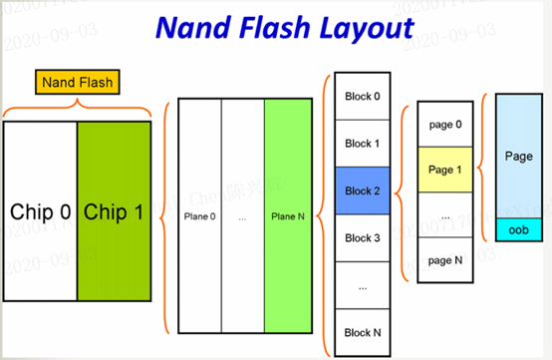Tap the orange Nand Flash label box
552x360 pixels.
click(76, 81)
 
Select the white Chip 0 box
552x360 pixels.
click(40, 212)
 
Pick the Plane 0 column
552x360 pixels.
click(199, 214)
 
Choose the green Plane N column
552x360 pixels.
click(287, 214)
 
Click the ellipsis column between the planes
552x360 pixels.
click(243, 214)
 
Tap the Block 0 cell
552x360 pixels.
click(362, 97)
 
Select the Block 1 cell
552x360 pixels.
click(362, 144)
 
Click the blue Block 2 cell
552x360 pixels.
click(362, 190)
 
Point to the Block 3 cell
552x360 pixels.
click(362, 237)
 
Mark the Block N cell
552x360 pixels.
click(362, 331)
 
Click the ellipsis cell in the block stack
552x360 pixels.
click(362, 284)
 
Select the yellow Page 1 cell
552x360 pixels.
click(444, 169)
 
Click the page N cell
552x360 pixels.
click(444, 260)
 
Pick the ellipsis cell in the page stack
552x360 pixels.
click(444, 214)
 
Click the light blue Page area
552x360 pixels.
click(518, 157)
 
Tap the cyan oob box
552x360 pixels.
click(518, 230)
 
